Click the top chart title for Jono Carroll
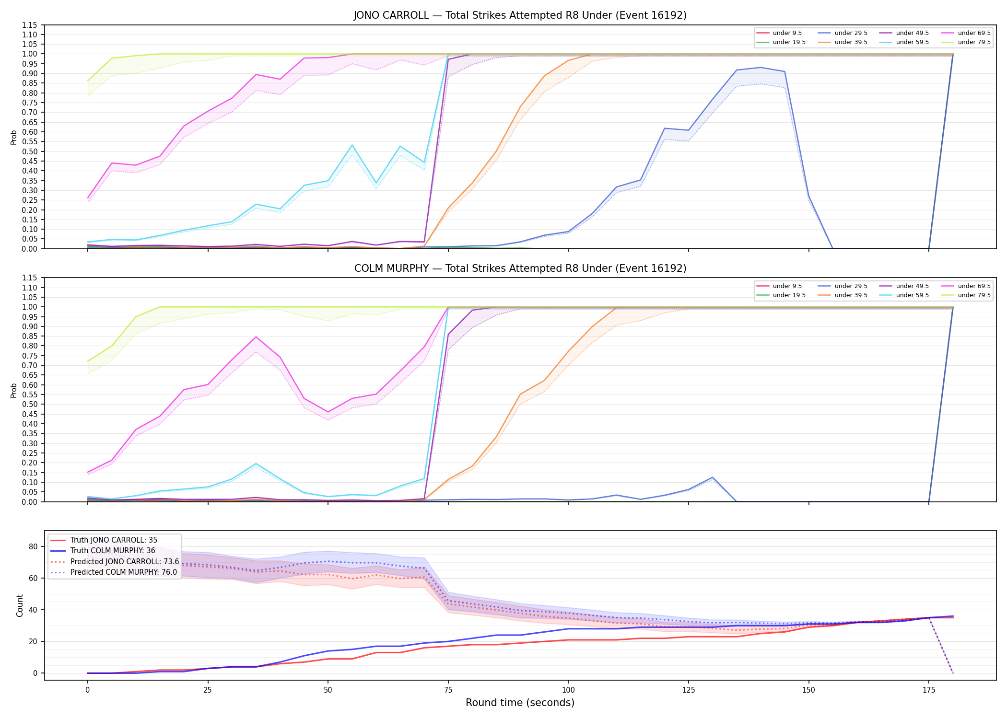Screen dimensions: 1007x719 click(520, 15)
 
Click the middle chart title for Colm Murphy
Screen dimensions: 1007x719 click(520, 268)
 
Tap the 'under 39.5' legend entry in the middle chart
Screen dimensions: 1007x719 click(843, 295)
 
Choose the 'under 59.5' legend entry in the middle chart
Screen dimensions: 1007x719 click(904, 295)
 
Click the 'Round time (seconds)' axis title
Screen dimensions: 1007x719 click(520, 703)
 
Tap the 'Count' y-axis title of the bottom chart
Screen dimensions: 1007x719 click(20, 605)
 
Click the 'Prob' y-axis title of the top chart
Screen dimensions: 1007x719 click(14, 137)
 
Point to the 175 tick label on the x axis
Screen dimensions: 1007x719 click(929, 690)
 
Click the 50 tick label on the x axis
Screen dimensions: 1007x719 click(328, 690)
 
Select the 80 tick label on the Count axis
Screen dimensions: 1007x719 click(33, 546)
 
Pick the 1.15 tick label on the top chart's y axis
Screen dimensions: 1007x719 click(29, 25)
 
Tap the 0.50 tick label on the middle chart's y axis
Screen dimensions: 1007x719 click(29, 405)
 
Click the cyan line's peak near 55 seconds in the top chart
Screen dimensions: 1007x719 click(352, 145)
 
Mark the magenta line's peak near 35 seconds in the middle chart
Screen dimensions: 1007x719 click(256, 337)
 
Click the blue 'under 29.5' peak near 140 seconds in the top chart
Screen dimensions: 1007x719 click(761, 67)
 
